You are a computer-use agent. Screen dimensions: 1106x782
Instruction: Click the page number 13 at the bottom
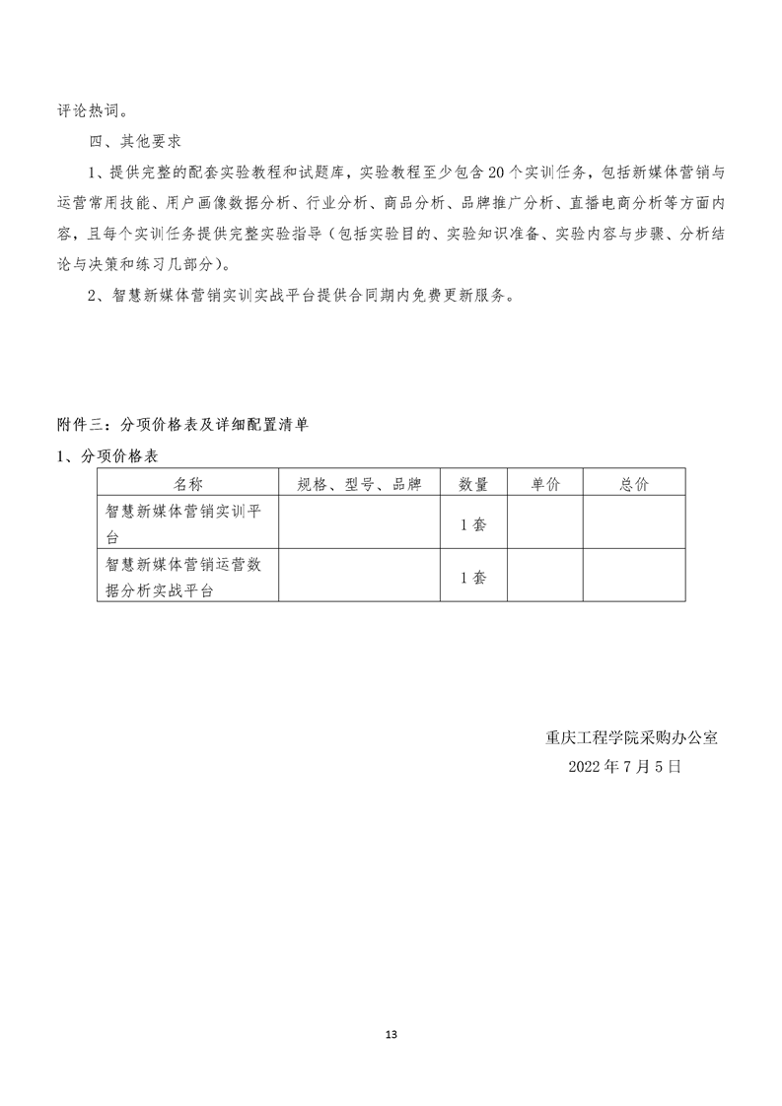tap(391, 1034)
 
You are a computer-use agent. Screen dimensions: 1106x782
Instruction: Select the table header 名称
tap(188, 483)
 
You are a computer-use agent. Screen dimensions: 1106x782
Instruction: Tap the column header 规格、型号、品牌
tap(359, 483)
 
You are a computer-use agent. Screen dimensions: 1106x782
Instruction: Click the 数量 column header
tap(473, 483)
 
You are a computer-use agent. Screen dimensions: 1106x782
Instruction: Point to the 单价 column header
tap(544, 483)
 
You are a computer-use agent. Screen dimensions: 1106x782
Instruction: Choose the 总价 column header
tap(634, 483)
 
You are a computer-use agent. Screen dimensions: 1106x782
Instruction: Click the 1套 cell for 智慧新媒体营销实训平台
tap(473, 524)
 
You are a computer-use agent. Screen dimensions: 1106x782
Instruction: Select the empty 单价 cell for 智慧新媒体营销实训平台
tap(544, 524)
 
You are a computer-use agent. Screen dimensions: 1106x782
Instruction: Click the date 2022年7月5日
tap(624, 766)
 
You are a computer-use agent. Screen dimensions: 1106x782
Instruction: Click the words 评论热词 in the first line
tap(88, 109)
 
